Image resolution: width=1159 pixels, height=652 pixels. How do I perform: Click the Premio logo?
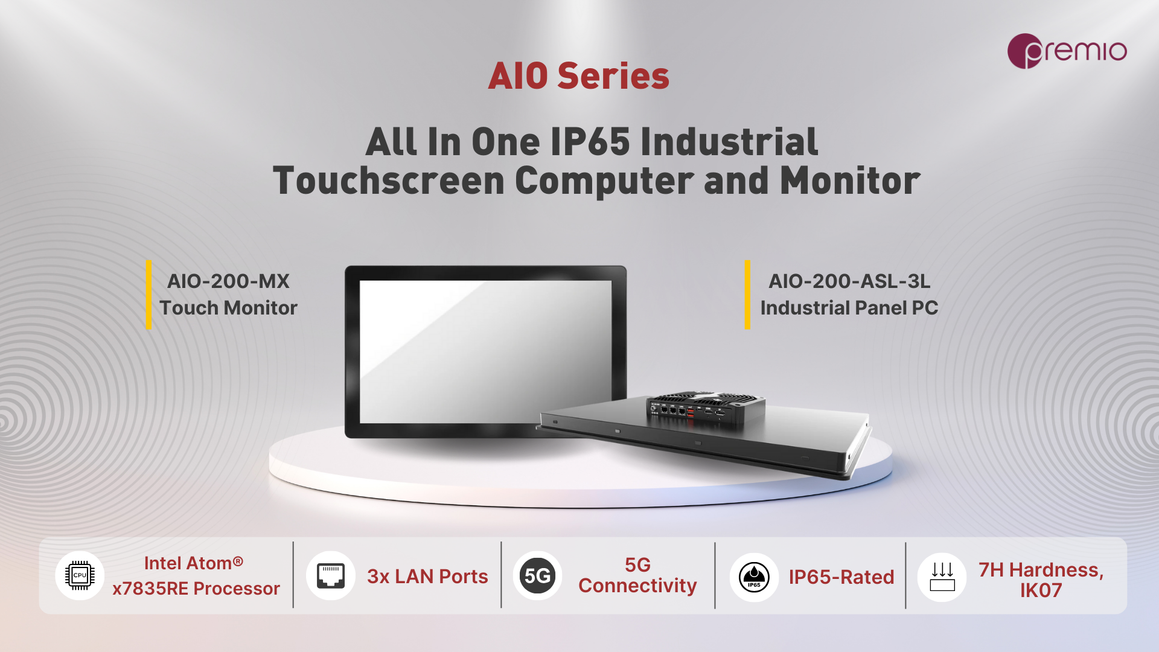(1067, 51)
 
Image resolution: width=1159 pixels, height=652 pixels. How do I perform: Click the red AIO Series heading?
(579, 76)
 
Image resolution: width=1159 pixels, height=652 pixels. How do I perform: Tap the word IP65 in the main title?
(590, 142)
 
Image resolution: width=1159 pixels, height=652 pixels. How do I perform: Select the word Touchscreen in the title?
(389, 181)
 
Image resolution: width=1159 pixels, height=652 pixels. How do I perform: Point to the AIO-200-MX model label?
(228, 281)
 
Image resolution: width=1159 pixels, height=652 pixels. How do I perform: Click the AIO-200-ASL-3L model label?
(849, 281)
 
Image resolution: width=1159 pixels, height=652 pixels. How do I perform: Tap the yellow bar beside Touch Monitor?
(148, 295)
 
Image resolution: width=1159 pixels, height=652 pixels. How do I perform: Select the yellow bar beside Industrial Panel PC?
(747, 295)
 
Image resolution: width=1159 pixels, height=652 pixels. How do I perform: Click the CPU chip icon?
(80, 575)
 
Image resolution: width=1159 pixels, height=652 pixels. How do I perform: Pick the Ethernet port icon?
(331, 575)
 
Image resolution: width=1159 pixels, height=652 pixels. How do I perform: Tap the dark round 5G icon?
(537, 575)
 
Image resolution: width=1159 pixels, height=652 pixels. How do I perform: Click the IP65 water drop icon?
(754, 577)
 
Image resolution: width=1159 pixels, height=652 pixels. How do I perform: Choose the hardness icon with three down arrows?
(942, 577)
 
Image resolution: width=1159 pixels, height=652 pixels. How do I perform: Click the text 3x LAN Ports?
(427, 577)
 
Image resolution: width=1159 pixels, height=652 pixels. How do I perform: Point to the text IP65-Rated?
(841, 577)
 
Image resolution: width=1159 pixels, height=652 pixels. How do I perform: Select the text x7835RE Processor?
(196, 589)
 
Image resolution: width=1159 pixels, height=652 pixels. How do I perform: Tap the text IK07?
(1041, 590)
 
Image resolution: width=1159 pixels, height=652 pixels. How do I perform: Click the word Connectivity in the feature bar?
(637, 586)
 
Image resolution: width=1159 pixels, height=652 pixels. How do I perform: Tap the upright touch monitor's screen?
(486, 351)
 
